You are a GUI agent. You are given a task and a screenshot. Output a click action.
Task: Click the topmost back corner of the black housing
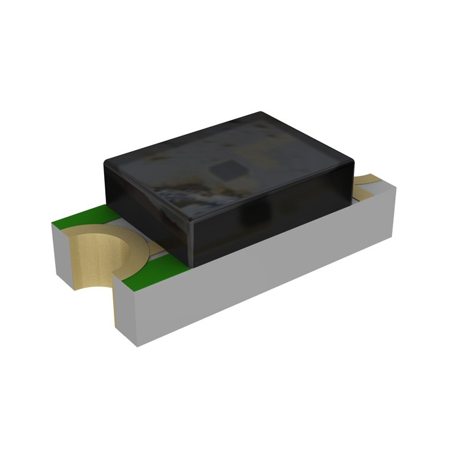pos(260,112)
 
